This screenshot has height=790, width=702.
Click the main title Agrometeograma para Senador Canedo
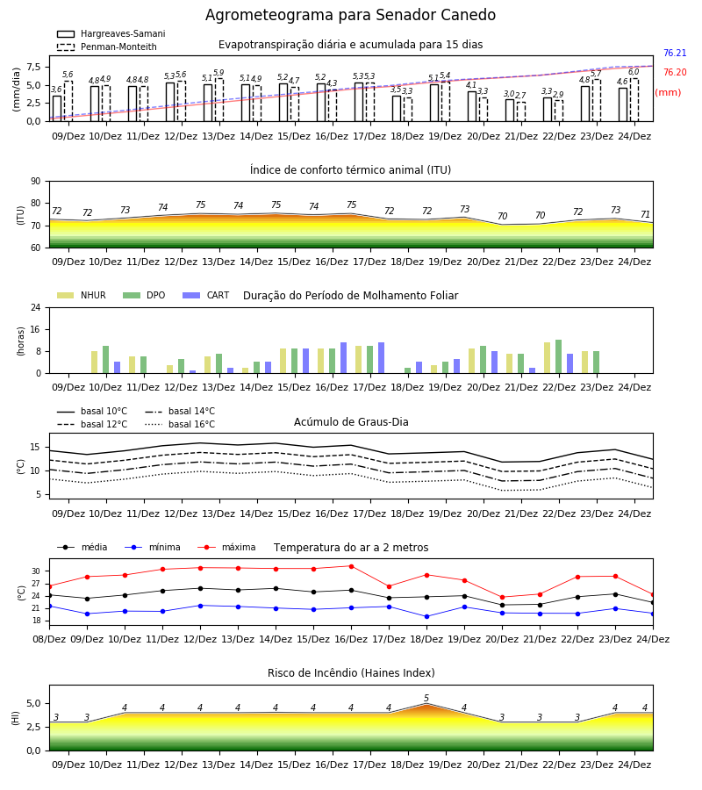pos(350,15)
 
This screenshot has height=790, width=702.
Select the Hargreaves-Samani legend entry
pos(111,33)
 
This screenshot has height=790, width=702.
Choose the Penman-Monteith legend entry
pos(107,47)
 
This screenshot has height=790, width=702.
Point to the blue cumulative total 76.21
pos(675,53)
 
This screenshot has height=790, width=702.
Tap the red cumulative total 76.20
pos(675,72)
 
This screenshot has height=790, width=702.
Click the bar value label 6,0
pos(634,72)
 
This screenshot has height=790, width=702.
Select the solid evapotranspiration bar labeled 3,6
pos(57,108)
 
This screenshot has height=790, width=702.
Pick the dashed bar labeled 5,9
pos(219,100)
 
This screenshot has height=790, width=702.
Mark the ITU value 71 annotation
pos(645,215)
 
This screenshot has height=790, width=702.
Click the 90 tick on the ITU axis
pos(36,182)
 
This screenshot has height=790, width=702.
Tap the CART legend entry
pos(206,295)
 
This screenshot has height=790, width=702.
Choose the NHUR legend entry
pos(82,295)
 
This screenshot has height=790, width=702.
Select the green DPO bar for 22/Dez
pos(558,356)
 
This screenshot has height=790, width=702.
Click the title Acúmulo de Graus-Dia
pos(351,422)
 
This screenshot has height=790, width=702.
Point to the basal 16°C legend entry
pos(180,424)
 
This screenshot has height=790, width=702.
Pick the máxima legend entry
pos(226,547)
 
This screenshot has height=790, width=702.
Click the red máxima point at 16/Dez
pos(351,566)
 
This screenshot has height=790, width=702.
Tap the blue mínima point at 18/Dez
pos(427,617)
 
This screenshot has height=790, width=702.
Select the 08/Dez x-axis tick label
pos(49,639)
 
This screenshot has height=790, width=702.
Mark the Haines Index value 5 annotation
pos(426,699)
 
